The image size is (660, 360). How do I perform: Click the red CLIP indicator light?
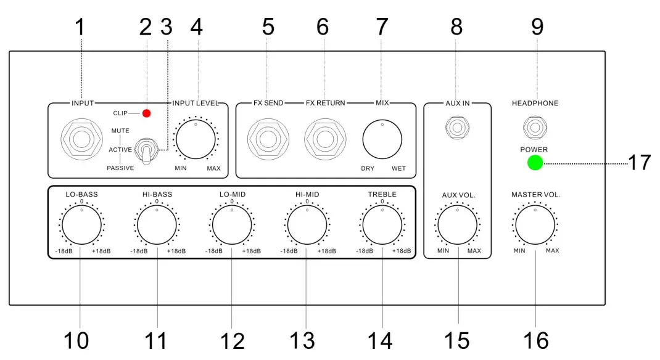coord(147,113)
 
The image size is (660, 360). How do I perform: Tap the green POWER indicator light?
coord(535,163)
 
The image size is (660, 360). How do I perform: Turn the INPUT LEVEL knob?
coord(196,140)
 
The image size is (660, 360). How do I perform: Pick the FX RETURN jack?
coord(324,139)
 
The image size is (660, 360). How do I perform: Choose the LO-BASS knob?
coord(82,226)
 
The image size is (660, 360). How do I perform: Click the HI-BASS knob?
coord(157,226)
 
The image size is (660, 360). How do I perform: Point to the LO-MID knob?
coord(232,226)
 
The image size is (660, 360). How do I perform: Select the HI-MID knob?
coord(307,226)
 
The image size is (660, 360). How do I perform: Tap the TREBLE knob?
coord(382,226)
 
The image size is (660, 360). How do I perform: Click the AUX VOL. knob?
coord(457,226)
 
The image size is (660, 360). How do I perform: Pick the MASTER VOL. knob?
coord(535,226)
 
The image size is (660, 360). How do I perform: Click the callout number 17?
coord(638,163)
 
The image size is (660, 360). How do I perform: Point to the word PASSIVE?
coord(120,168)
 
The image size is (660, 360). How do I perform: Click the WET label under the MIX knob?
coord(398,168)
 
